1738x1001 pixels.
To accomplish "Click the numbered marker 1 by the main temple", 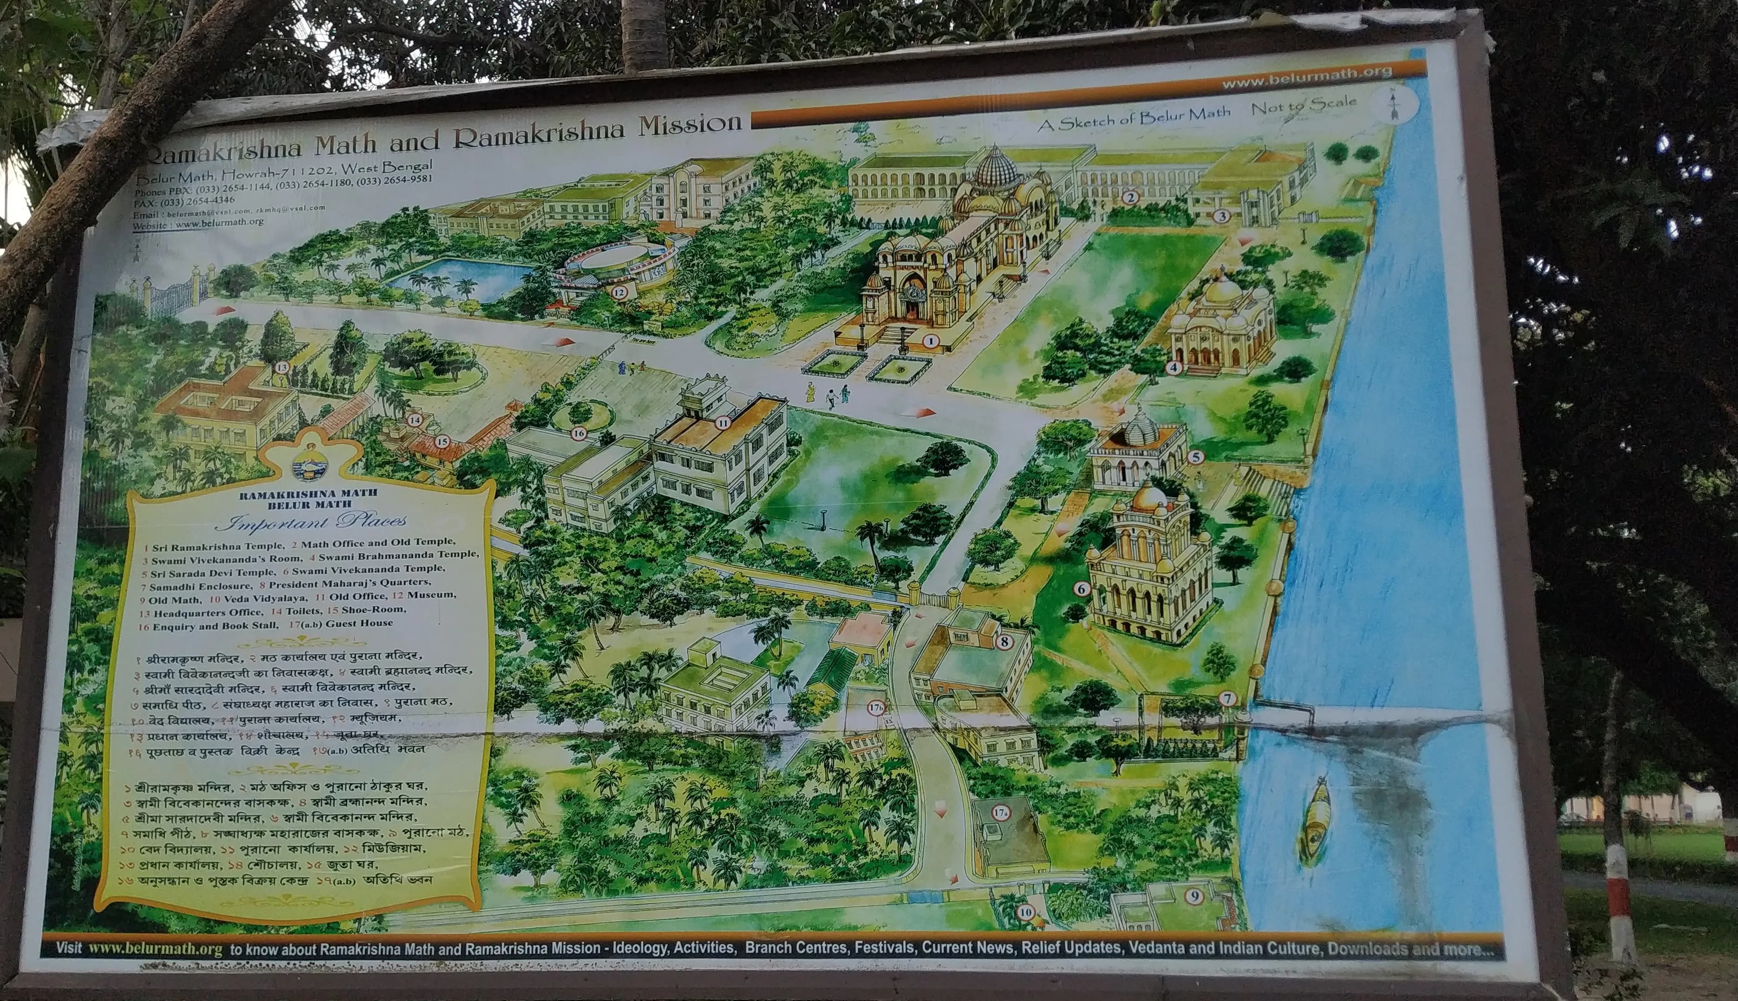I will (930, 340).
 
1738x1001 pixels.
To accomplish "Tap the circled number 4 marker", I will (1173, 368).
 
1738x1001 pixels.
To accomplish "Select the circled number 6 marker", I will (1081, 589).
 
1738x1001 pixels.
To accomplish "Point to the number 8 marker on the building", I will (1004, 642).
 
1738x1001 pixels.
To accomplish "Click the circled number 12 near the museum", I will (620, 292).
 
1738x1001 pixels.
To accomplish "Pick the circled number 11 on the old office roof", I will (722, 423).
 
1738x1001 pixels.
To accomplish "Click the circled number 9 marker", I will (1194, 895).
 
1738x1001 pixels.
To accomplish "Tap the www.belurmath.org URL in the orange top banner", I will (1306, 77).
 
